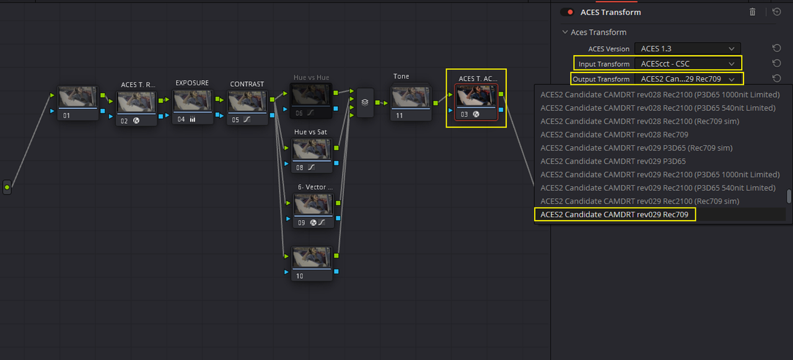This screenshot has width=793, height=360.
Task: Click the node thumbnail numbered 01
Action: point(78,97)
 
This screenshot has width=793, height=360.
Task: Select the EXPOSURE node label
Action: point(192,83)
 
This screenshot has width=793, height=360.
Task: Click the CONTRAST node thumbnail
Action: point(247,102)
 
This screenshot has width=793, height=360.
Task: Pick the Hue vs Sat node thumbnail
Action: point(312,149)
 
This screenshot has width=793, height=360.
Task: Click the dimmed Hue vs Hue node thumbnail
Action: point(310,95)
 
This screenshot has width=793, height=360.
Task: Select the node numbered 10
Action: point(312,263)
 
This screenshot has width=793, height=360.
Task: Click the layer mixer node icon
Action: point(365,103)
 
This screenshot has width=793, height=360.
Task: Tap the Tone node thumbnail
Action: point(411,97)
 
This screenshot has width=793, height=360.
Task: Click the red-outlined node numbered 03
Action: point(476,102)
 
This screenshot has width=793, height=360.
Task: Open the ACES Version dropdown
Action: point(687,48)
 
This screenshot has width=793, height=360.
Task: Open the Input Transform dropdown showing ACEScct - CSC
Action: point(687,64)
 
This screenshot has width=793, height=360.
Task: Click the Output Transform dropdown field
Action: point(687,79)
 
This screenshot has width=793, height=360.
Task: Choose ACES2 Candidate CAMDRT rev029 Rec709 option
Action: point(614,214)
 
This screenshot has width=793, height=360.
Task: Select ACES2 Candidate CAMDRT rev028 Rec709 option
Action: point(614,134)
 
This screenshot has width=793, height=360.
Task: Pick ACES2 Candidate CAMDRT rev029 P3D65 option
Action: point(613,161)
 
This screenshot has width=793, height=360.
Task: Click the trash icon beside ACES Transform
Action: point(752,12)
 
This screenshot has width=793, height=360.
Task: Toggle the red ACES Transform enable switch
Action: point(567,12)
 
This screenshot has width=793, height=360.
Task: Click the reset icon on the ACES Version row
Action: point(776,48)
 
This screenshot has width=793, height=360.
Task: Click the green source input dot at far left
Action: point(7,187)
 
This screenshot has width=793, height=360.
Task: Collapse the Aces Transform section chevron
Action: point(565,32)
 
